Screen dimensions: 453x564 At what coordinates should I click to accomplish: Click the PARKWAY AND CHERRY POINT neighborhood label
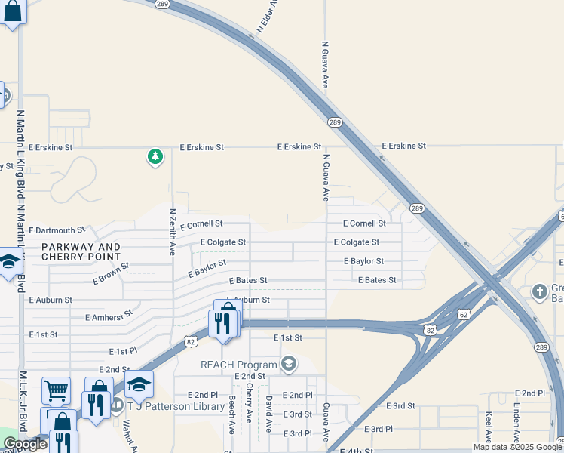click(81, 252)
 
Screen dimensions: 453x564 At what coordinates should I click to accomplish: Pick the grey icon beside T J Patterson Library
click(117, 405)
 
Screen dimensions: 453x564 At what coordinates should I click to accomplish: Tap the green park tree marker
click(155, 157)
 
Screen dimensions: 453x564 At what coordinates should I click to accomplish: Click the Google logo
click(25, 444)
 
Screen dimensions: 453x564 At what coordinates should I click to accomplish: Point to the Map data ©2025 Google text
click(516, 447)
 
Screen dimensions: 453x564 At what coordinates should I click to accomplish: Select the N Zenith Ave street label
click(173, 232)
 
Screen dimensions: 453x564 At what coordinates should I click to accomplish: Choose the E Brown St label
click(112, 273)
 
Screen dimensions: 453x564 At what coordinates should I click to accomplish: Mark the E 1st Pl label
click(123, 351)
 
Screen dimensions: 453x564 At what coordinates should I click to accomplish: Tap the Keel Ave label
click(489, 427)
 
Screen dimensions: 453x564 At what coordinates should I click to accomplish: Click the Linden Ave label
click(516, 422)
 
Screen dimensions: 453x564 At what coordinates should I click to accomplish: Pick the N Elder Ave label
click(268, 15)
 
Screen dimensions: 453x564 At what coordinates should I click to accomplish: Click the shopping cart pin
click(55, 390)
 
